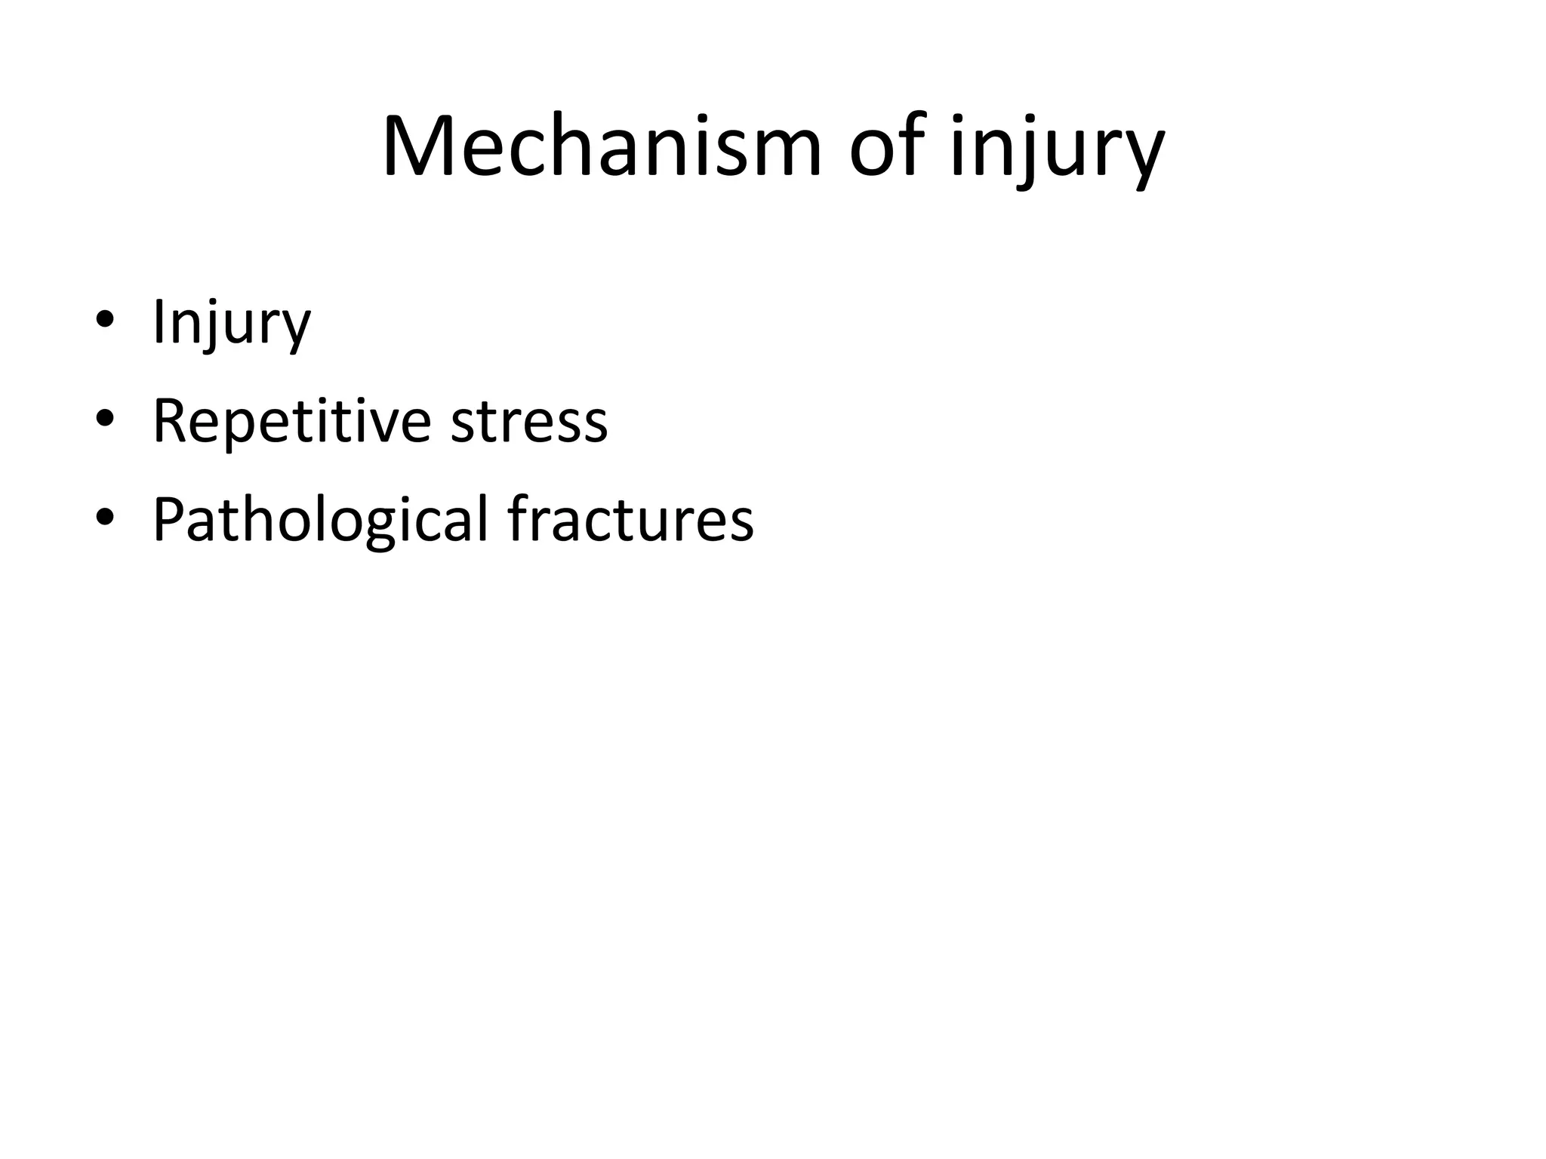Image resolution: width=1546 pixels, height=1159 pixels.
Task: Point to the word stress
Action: (x=528, y=423)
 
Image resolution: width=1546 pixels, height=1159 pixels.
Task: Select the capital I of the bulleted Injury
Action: (x=158, y=322)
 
